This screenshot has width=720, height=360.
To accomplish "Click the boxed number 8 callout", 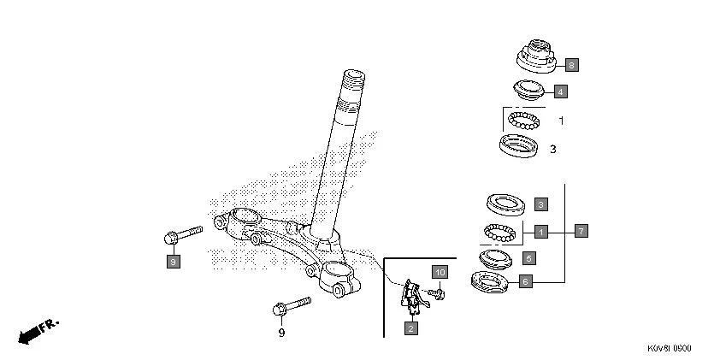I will click(571, 64).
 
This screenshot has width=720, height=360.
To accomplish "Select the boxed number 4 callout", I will click(559, 91).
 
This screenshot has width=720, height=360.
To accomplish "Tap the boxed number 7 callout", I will click(581, 231).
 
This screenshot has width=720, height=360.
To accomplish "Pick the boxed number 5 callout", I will click(528, 257).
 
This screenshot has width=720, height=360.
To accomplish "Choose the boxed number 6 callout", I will click(525, 280).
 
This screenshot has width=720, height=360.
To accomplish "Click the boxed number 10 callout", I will click(440, 273).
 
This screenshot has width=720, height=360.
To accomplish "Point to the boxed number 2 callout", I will click(410, 328).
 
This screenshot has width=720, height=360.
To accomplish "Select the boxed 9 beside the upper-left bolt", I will click(173, 262).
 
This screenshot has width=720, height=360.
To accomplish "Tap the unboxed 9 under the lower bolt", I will click(281, 333).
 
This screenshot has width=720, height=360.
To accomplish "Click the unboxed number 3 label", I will click(552, 149).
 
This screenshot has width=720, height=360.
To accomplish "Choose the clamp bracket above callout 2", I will click(410, 296).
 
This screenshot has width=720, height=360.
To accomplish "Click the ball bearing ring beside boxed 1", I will click(502, 231).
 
